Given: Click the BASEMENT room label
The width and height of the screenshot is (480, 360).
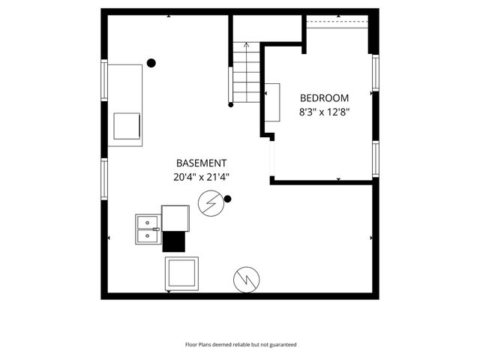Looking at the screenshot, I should point(201,163).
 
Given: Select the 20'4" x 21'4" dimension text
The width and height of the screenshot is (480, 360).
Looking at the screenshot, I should point(201,178).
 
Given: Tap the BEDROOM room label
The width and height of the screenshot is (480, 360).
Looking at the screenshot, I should point(324,98).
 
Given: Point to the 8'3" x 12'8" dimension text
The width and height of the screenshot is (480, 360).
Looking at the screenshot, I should point(324,113).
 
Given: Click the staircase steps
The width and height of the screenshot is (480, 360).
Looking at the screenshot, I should point(245,75).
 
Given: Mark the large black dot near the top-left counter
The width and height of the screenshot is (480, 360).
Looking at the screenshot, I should point(151,64).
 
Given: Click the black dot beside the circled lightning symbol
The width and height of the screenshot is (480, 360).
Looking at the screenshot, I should point(228,199).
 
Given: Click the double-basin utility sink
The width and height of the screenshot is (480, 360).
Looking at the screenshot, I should point(148,228).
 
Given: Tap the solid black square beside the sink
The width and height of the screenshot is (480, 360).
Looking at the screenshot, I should point(174,241).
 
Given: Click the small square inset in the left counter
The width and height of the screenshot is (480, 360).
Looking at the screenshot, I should point(126,126).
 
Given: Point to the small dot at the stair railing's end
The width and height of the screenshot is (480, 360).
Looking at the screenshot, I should point(231,104).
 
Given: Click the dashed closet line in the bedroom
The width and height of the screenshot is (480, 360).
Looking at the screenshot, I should point(337,22).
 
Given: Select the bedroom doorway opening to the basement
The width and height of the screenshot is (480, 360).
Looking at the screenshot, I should point(271,158).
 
